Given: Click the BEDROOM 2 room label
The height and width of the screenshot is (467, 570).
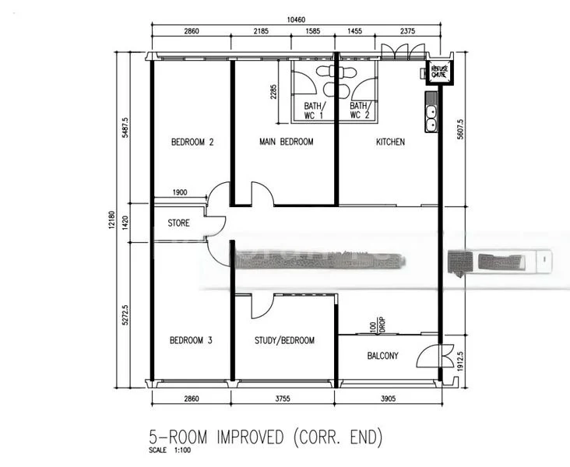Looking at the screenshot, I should tap(192, 142).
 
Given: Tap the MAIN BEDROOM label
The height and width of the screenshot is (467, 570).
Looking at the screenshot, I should tap(286, 142).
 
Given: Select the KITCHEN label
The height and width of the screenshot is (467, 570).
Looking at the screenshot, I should tap(390, 142).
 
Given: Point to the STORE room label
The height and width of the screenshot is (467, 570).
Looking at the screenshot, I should tap(178, 223).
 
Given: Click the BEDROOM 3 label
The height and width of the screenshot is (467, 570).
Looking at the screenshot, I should tap(192, 341).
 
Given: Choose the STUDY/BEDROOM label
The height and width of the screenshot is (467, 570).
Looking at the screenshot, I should tap(285, 341).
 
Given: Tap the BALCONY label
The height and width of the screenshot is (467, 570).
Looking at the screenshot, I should tap(382, 356).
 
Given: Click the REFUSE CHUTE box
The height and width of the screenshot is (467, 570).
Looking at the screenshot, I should tap(441, 71).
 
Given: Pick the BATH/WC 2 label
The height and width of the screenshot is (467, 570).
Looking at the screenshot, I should tap(359, 111).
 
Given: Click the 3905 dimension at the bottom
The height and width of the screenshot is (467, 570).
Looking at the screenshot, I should tap(387, 399).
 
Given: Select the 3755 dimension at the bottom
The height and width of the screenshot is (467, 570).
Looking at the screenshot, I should tap(284, 399).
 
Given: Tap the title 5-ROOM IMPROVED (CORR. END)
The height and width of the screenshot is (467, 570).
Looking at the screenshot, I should tap(266, 437).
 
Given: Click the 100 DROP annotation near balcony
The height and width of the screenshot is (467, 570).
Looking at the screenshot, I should tap(377, 324).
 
